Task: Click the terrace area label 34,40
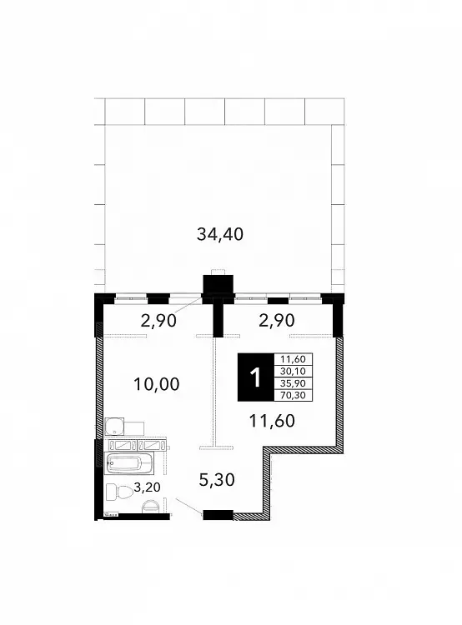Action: pos(220,234)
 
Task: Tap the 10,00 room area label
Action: pos(157,384)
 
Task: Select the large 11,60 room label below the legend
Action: pos(272,421)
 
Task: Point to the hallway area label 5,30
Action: pos(217,479)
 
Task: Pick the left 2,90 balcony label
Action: pos(158,320)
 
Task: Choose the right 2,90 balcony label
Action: pos(277,320)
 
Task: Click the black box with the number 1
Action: pos(255,377)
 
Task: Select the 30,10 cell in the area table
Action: pos(293,371)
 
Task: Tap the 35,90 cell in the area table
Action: pos(293,383)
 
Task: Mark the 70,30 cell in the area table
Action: pos(293,395)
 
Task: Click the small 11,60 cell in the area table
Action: pos(293,359)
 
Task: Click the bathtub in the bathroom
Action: pos(128,463)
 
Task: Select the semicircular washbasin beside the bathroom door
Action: pos(150,506)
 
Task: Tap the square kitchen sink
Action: pos(114,426)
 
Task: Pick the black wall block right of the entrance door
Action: pos(218,515)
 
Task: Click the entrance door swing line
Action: pos(189,506)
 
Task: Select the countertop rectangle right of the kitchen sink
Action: pos(133,427)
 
